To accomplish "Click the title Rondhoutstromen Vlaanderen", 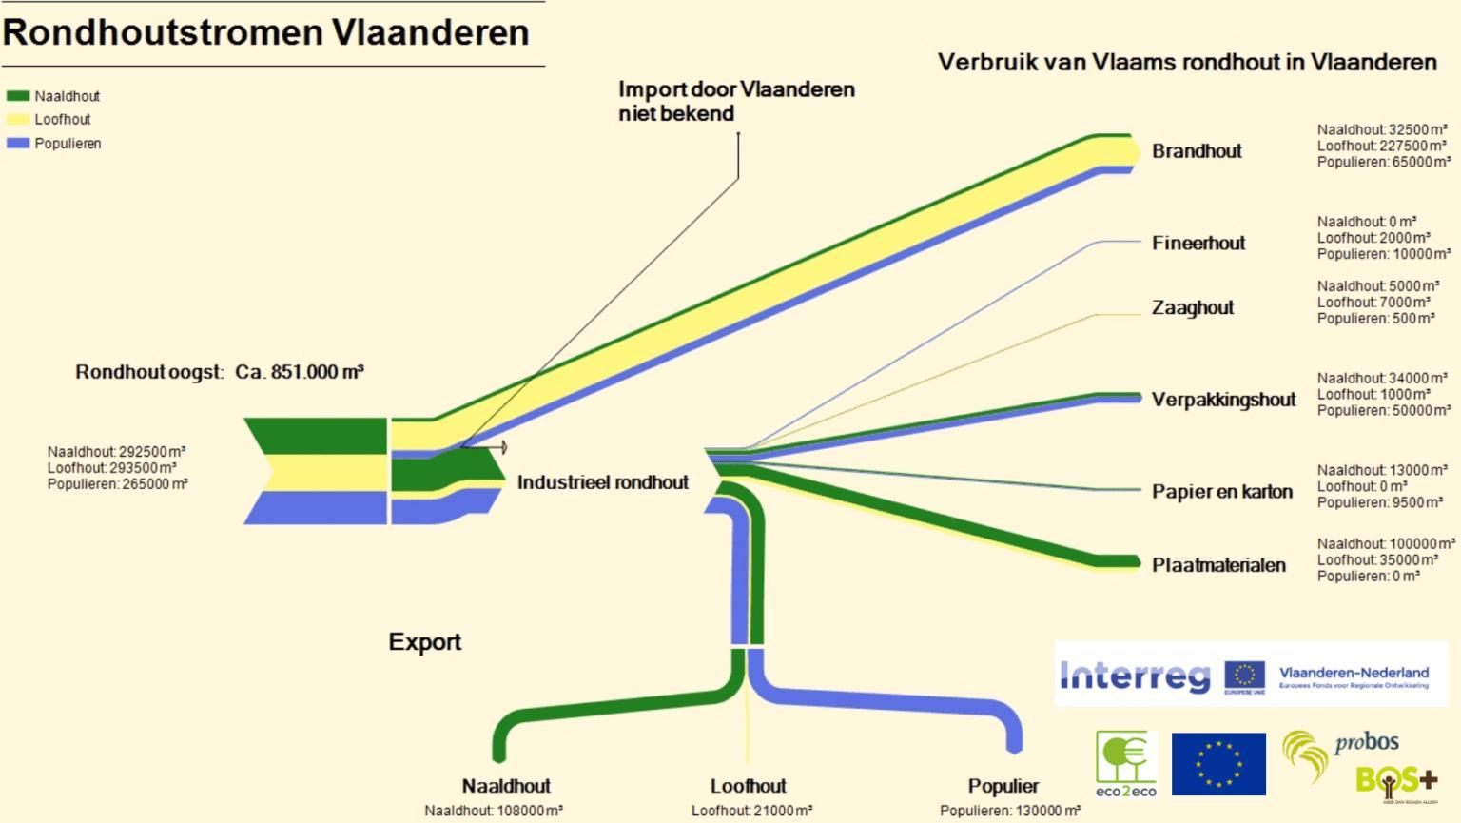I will tap(265, 32).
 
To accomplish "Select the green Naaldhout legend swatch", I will tap(18, 96).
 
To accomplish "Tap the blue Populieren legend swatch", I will tap(18, 144).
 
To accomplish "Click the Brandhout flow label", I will tap(1197, 151).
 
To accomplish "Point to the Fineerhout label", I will tap(1198, 244).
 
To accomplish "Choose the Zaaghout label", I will tap(1193, 308).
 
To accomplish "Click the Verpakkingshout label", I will tap(1223, 400).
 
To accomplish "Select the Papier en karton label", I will tap(1222, 492).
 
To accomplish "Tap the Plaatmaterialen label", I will tap(1218, 565).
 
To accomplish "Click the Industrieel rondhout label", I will tap(602, 482).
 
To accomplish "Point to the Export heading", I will tap(424, 642).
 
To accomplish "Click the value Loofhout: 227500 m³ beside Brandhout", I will tap(1382, 147).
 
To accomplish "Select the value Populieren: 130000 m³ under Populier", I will tap(1010, 811).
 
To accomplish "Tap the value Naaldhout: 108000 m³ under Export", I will tap(494, 811).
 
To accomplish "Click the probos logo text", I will tap(1366, 743).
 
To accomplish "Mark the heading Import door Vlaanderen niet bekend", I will tap(736, 101).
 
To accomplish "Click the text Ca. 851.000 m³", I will tap(300, 372).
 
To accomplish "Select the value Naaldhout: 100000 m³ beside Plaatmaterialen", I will tap(1386, 544).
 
